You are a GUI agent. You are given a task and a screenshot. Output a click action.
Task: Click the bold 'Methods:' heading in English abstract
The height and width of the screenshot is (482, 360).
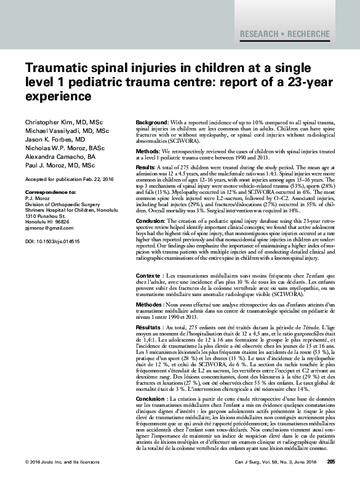point(148,151)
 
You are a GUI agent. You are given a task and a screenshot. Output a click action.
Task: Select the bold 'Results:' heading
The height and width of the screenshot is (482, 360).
point(146,166)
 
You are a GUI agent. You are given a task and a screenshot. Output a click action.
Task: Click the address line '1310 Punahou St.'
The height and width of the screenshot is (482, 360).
point(47,216)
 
